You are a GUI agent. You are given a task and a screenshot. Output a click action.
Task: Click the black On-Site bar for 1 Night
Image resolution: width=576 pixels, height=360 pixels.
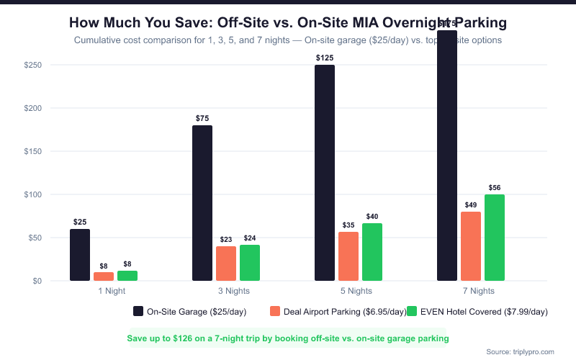pos(80,255)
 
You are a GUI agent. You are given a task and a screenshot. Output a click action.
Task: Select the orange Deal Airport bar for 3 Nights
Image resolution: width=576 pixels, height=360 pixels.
pos(226,264)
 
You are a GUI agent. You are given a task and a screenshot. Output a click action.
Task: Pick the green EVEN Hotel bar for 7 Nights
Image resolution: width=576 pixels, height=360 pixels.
pos(495,238)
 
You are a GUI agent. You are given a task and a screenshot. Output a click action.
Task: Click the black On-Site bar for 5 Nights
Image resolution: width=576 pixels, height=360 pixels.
pos(325,173)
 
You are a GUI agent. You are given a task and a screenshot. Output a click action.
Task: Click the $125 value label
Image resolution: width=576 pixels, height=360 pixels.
pos(325,57)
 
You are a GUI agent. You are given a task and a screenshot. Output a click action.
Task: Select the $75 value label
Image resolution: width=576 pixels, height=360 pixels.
pos(202,117)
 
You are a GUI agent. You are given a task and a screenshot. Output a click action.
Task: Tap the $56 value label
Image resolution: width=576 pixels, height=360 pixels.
pos(495,187)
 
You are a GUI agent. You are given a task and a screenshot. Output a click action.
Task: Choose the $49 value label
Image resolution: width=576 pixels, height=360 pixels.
pos(471,204)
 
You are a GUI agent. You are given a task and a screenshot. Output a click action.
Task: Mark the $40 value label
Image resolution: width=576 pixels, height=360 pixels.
pos(372,216)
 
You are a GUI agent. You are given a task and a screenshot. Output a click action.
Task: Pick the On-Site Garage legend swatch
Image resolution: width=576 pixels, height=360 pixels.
pos(138,312)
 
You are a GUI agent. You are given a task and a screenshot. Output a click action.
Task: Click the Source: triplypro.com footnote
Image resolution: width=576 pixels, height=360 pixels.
pos(520,351)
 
